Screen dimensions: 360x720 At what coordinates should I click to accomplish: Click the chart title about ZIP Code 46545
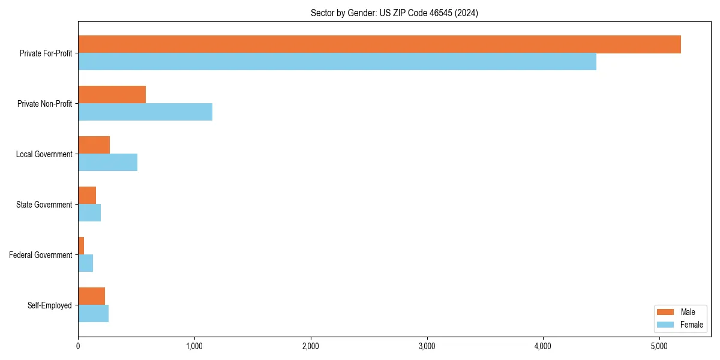[x=394, y=13]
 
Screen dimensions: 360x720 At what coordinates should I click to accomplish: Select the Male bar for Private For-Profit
[x=379, y=44]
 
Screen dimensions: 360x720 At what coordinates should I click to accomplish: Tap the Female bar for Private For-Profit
[x=337, y=62]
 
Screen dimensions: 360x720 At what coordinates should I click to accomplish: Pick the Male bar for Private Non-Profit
[x=112, y=95]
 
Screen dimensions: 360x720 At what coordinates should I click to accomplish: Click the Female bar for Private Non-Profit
[x=145, y=112]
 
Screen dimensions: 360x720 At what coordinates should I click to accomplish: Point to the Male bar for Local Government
[x=94, y=145]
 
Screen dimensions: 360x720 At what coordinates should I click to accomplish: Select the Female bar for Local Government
[x=108, y=163]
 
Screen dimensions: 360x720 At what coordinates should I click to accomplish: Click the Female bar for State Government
[x=89, y=213]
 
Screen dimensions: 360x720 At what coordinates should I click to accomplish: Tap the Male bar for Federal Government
[x=81, y=246]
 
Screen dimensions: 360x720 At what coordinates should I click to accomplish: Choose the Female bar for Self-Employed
[x=94, y=314]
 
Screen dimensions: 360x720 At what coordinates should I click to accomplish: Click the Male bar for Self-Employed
[x=92, y=296]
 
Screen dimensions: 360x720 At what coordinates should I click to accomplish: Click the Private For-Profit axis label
[x=46, y=53]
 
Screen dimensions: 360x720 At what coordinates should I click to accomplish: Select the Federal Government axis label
[x=41, y=255]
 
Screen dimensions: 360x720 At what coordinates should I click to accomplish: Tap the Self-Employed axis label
[x=50, y=305]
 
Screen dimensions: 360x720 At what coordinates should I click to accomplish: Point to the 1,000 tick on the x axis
[x=194, y=346]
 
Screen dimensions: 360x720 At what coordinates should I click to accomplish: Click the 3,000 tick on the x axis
[x=427, y=346]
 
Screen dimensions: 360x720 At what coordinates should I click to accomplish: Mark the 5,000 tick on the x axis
[x=659, y=346]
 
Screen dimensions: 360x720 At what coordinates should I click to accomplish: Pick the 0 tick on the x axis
[x=78, y=346]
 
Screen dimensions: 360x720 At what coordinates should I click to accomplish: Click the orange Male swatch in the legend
[x=665, y=312]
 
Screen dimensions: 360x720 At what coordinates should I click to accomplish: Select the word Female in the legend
[x=692, y=325]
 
